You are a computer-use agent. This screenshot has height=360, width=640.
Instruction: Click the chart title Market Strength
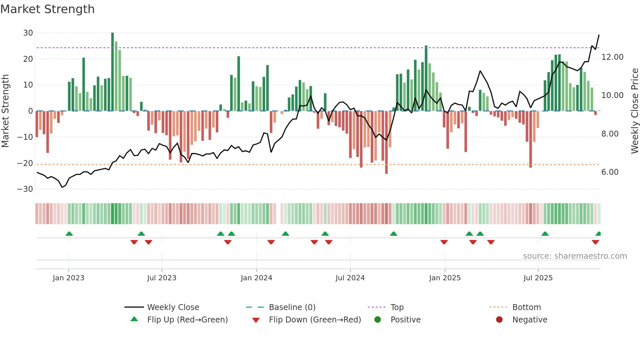coord(47,9)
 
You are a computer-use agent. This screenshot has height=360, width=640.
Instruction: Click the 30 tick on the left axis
coord(28,33)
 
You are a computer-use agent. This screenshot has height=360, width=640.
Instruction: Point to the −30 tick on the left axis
coord(25,189)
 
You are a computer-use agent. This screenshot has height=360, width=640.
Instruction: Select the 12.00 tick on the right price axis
coord(612,57)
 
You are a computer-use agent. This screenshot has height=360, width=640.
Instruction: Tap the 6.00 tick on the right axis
coord(610,172)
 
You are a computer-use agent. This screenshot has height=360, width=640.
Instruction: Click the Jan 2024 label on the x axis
coord(256,278)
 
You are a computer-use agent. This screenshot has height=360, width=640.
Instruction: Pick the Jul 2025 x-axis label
coord(538,278)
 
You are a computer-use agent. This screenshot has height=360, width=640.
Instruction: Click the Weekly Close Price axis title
coord(634,111)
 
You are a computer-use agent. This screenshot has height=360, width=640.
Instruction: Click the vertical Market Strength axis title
coord(5,111)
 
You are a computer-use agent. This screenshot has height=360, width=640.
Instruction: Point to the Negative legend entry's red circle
coord(499,320)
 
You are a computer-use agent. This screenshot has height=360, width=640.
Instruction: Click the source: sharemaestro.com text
coord(575,256)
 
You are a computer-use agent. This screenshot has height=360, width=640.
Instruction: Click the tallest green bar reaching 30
coord(113,72)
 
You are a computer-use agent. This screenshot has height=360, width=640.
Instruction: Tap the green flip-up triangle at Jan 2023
coord(69,234)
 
